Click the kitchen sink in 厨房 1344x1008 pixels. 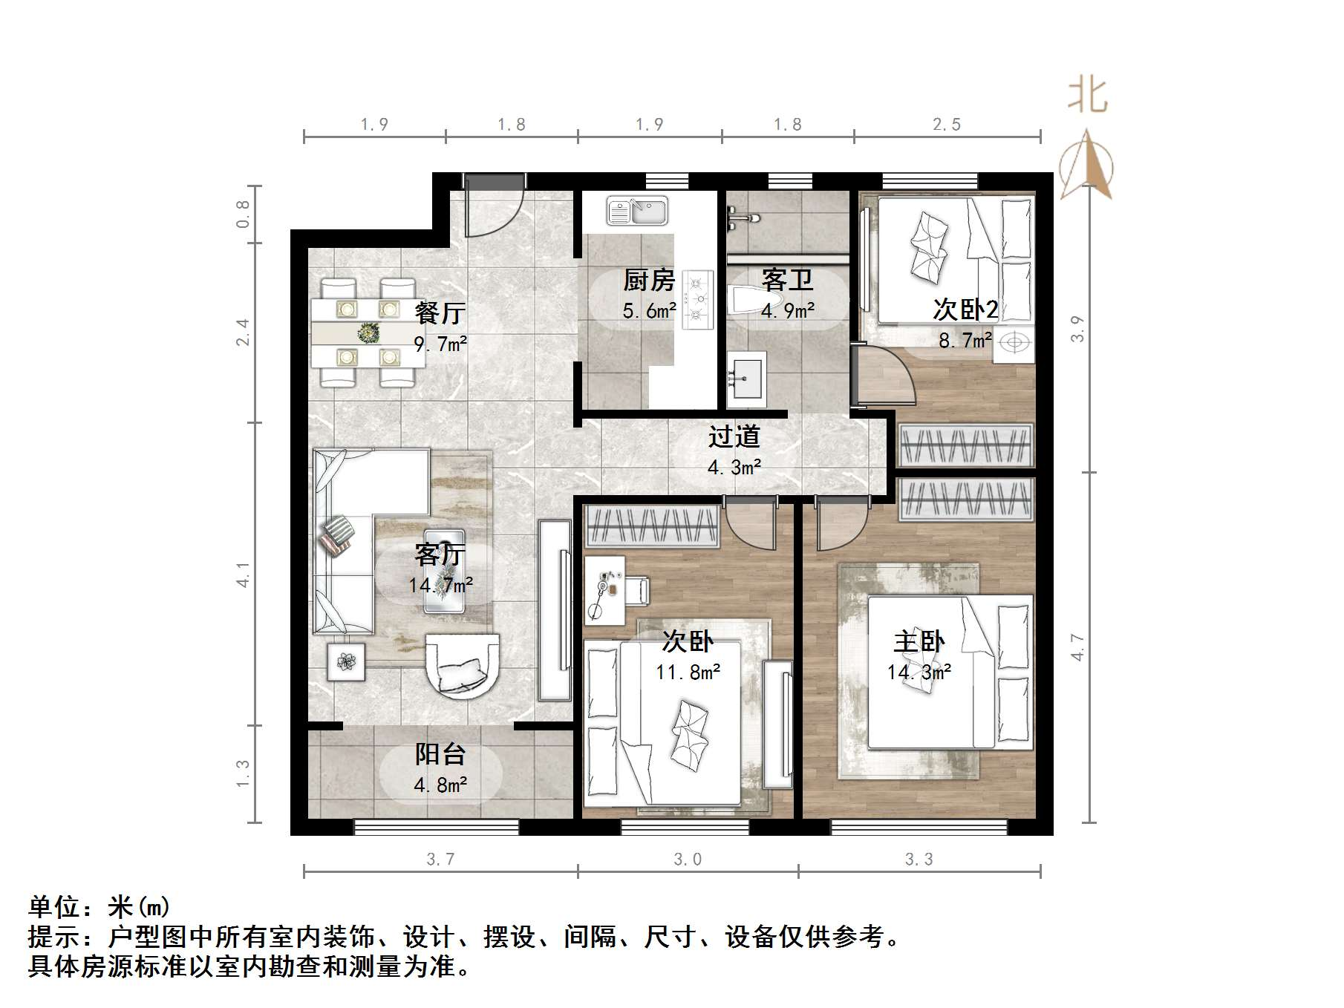point(637,211)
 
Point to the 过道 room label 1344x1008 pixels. point(734,436)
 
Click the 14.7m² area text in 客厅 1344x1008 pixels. point(440,586)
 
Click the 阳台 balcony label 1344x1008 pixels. point(440,754)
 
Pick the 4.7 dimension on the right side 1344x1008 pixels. point(1078,647)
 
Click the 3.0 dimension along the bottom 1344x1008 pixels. point(688,860)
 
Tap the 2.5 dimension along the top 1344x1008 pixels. point(947,125)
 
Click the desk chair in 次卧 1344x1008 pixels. point(637,590)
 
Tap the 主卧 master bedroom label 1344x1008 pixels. point(919,641)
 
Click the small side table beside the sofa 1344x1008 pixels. point(346,661)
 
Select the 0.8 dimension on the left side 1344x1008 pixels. point(244,215)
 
